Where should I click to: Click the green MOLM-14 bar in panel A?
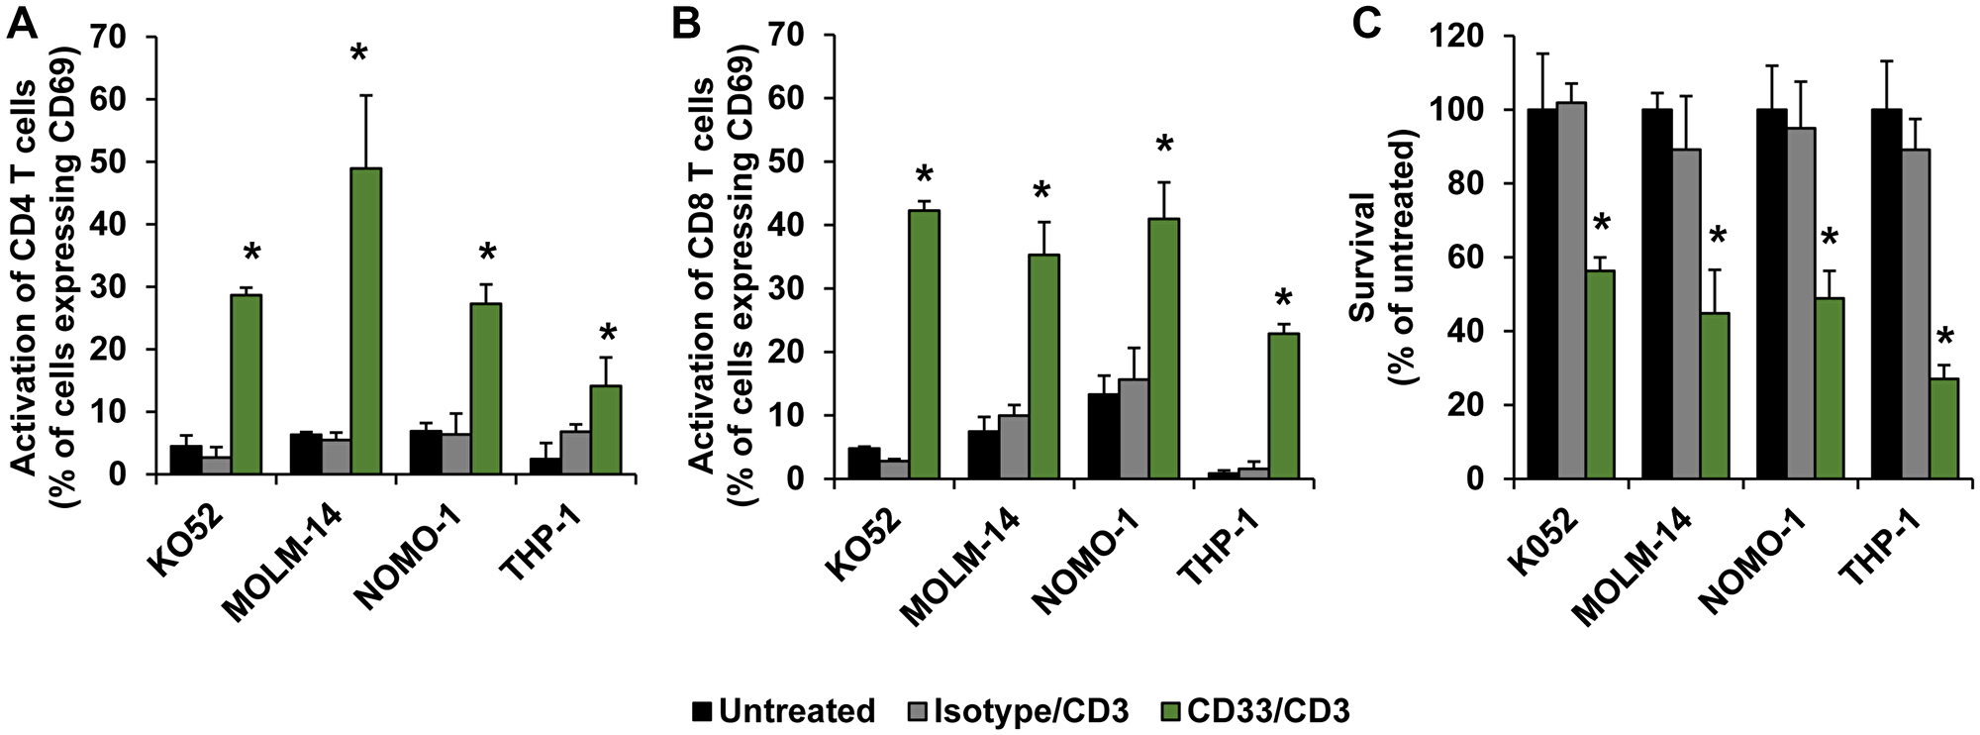coord(366,322)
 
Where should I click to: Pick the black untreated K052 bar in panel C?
coord(1540,293)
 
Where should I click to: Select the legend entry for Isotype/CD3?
coord(1018,711)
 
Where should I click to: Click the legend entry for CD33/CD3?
coord(1256,711)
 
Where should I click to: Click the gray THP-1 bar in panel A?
coord(575,453)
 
